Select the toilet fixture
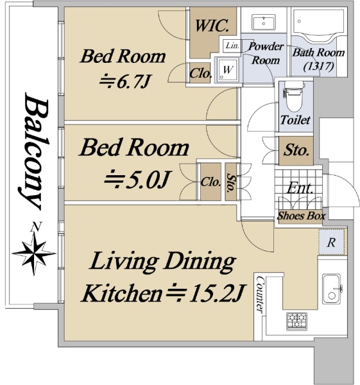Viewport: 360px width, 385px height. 294,96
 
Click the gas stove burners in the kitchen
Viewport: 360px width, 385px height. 296,321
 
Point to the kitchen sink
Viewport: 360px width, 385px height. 332,289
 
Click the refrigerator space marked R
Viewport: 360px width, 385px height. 331,242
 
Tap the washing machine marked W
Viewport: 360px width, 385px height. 227,69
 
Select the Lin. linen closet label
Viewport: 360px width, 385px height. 232,46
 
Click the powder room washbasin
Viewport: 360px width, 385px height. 263,22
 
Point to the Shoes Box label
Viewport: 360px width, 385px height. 302,216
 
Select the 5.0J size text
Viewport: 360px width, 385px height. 136,180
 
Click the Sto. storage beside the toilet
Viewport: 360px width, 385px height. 296,150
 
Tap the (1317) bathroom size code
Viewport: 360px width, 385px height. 319,66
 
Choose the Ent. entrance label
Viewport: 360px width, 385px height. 300,188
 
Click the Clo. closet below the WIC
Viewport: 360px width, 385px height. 200,73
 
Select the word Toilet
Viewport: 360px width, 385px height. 295,120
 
